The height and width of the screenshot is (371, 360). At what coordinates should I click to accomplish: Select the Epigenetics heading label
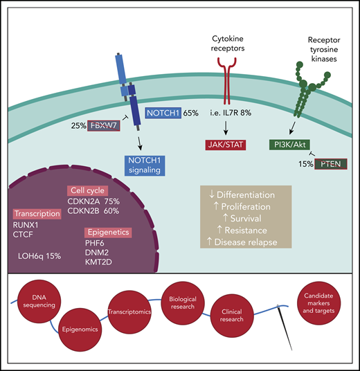click(x=107, y=232)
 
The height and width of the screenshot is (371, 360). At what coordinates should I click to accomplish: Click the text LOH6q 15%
click(x=40, y=256)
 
